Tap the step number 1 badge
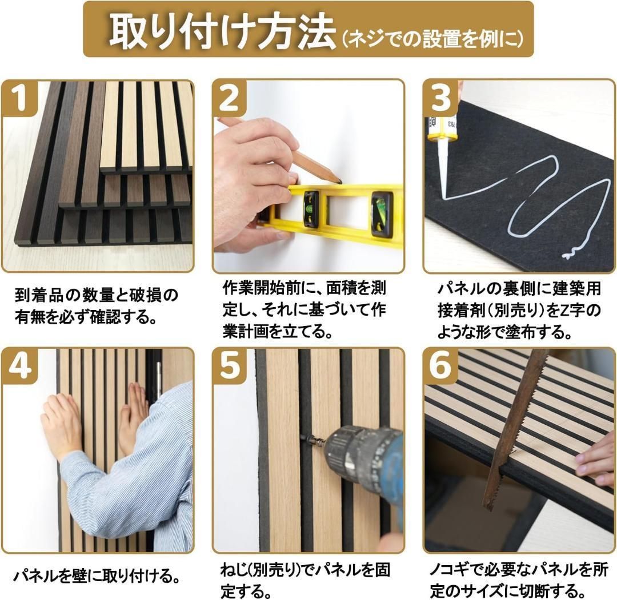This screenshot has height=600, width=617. (x=19, y=98)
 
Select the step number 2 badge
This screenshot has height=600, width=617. (x=230, y=98)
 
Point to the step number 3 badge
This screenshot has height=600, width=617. (x=440, y=98)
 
